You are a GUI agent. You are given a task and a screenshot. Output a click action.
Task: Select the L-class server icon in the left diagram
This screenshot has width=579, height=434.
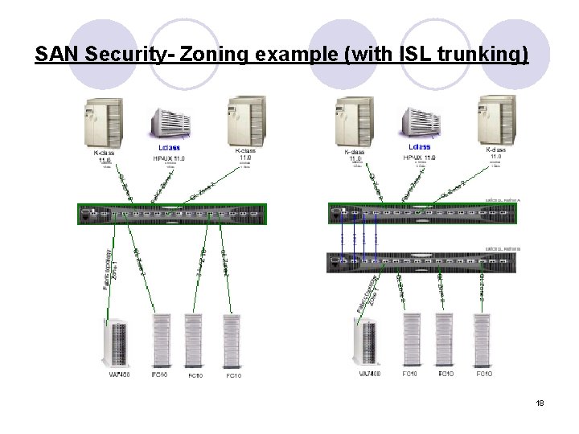(x=169, y=125)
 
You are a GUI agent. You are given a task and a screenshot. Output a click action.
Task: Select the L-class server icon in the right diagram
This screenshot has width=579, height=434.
(x=420, y=125)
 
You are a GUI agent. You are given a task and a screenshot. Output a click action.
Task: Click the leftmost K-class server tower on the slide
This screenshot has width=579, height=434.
(x=102, y=121)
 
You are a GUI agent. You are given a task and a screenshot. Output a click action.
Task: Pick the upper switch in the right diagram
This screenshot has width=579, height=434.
(x=422, y=214)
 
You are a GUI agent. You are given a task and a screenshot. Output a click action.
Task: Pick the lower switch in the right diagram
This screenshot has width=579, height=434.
(x=422, y=262)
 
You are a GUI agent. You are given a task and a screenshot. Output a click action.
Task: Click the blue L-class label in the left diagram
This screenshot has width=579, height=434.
(x=169, y=148)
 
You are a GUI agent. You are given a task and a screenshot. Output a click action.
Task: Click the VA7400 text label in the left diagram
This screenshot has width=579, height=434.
(x=118, y=375)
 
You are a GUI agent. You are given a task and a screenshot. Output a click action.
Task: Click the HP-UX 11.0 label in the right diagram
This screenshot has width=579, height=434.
(x=419, y=158)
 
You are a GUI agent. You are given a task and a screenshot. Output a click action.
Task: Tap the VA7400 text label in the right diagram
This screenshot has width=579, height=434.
(x=371, y=374)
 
